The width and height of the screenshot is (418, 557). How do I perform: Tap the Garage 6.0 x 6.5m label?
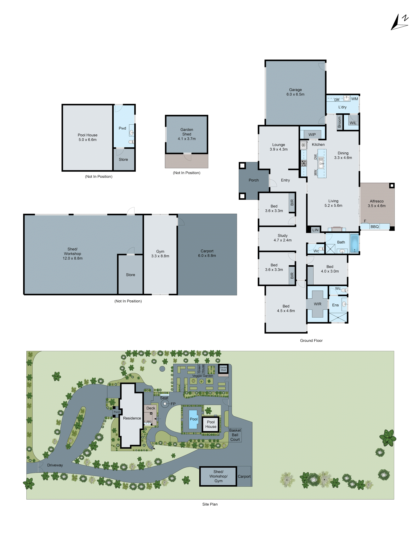point(295,92)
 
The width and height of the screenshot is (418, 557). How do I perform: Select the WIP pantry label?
point(312,135)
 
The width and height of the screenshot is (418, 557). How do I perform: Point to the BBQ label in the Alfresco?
point(374,227)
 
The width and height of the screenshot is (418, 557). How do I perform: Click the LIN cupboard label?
point(315,230)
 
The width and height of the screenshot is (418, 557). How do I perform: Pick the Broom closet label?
point(339,122)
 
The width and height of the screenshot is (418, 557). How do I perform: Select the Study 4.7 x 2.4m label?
point(282,238)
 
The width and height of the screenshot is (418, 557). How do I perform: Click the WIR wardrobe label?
point(317,304)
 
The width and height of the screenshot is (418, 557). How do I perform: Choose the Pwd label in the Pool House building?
point(122,128)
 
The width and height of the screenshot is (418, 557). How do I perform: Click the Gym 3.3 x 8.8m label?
point(160,254)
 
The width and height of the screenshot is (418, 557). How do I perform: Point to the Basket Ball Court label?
point(235,435)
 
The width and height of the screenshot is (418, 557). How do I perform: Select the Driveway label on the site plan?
point(55,465)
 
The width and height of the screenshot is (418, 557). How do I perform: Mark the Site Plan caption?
point(210,504)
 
